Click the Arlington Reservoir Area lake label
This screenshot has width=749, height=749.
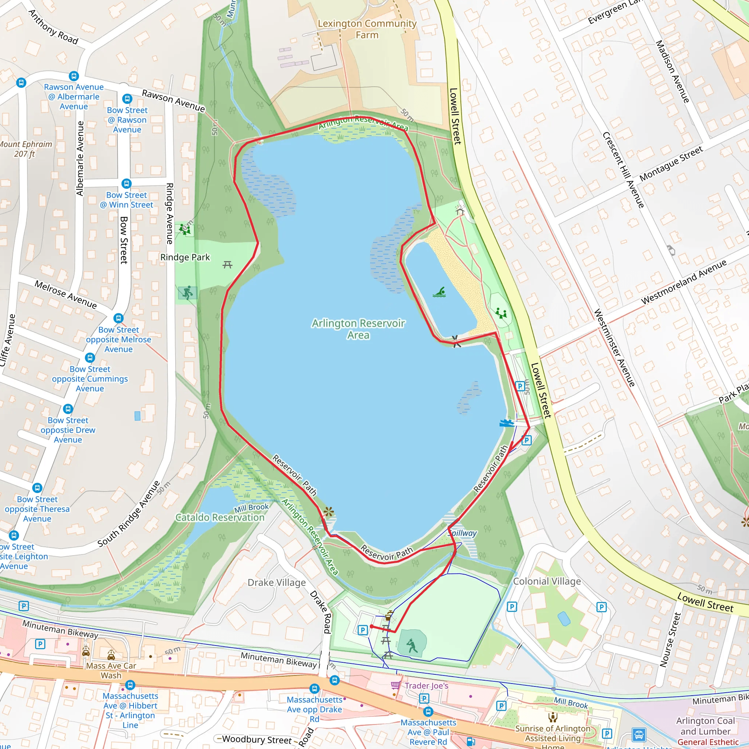coord(358,329)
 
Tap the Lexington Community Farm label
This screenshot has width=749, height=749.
coord(367,29)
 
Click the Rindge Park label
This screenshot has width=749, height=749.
coord(185,257)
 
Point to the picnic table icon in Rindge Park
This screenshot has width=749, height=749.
coord(227,265)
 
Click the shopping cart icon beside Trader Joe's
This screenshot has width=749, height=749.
coord(395,685)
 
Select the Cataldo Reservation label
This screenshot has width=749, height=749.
coord(220,517)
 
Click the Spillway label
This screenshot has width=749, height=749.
coord(462,533)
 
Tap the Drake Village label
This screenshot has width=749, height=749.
coord(276,583)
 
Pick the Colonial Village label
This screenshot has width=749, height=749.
coord(547,581)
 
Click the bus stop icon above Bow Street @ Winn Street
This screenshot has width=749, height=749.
coord(127,183)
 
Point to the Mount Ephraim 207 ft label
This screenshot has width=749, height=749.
coord(25,149)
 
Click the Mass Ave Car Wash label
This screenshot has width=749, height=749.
coord(111,670)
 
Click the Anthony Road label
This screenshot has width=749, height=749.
coord(53,27)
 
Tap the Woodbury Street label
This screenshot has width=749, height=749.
coord(256,740)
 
